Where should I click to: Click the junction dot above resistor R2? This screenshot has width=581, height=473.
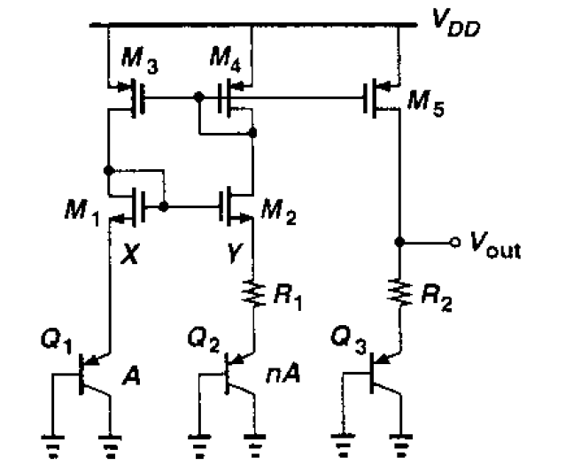(401, 242)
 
